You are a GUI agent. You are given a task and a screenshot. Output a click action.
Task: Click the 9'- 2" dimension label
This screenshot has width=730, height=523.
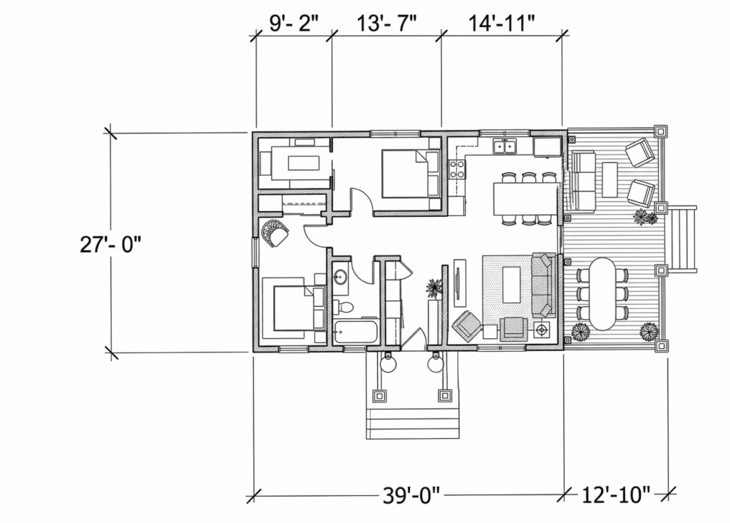[x=294, y=24]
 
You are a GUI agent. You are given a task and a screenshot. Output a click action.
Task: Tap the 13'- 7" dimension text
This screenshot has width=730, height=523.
[x=386, y=24]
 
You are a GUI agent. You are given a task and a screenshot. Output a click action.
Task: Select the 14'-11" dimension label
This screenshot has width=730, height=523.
[x=501, y=24]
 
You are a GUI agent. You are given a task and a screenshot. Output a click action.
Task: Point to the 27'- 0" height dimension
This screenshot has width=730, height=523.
[x=110, y=244]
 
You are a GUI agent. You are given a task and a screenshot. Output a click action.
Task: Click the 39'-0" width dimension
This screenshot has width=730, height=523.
[x=411, y=495]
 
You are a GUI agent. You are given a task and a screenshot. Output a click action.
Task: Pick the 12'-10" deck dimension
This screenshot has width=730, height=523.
[x=616, y=495]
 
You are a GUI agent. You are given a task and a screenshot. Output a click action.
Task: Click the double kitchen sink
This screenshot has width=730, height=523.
[x=505, y=146]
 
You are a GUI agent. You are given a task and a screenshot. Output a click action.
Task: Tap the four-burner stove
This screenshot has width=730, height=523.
[x=457, y=169]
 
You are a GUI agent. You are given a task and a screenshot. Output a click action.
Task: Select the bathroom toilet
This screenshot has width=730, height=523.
[x=344, y=308]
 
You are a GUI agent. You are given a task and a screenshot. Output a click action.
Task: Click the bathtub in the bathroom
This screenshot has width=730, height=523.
[x=356, y=331]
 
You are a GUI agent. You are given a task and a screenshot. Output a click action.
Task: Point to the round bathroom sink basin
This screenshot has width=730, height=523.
[x=340, y=278]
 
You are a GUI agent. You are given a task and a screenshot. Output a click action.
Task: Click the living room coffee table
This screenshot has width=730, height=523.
[x=511, y=285]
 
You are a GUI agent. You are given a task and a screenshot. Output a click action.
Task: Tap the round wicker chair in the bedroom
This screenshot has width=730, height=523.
[x=275, y=233]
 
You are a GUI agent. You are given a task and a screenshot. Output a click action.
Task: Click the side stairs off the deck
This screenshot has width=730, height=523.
[x=683, y=239]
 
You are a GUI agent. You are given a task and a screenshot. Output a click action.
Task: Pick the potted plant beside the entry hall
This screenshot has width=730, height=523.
[x=434, y=288]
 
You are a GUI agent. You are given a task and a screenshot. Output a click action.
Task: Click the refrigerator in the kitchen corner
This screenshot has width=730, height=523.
[x=547, y=146]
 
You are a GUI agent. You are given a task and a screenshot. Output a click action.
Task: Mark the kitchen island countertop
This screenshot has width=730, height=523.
[x=525, y=198]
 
